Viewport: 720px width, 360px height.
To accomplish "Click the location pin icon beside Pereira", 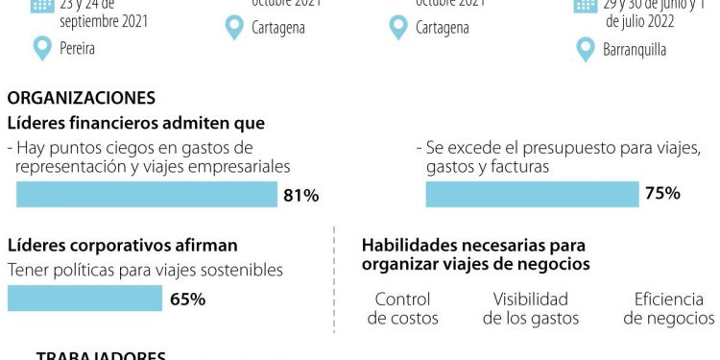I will [x=41, y=46].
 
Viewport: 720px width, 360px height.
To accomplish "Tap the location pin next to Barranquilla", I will [x=585, y=49].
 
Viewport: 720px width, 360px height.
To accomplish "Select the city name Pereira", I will [x=77, y=47].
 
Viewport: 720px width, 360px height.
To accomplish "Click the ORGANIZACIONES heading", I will [x=81, y=98].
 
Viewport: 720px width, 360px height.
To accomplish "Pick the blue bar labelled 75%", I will [x=532, y=194].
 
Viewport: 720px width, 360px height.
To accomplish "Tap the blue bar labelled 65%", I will [x=84, y=299].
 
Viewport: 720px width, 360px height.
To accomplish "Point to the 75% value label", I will [x=662, y=194].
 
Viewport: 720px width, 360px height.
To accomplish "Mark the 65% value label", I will [x=188, y=299].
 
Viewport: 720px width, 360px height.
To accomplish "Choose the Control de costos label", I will [x=403, y=308].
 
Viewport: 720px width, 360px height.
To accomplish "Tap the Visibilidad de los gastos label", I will [x=531, y=308].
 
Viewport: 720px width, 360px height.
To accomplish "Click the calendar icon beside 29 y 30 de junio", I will [x=586, y=4].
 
